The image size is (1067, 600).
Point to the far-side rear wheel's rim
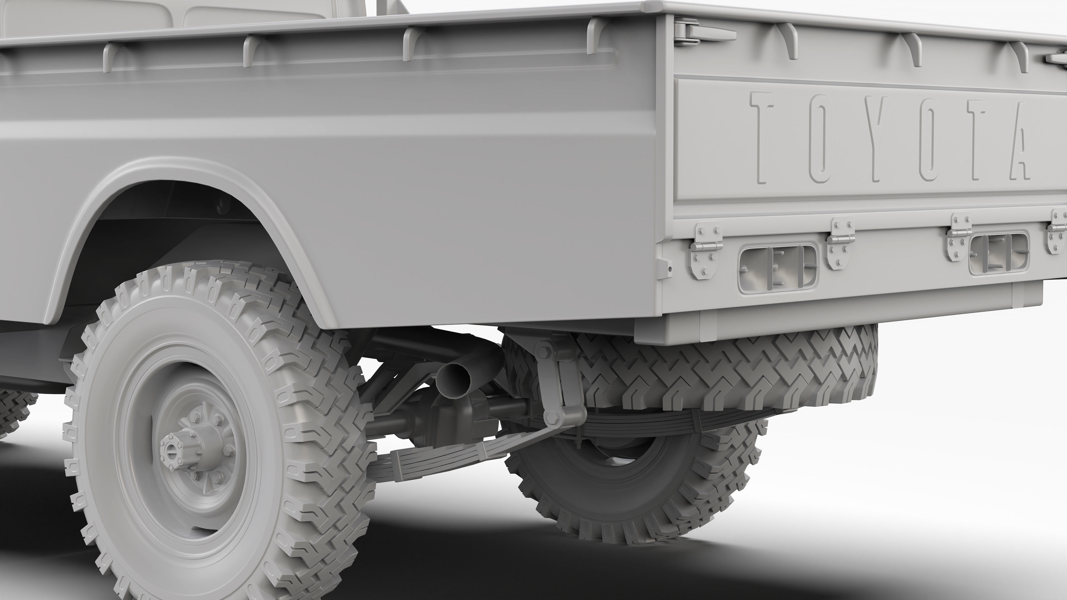click(x=621, y=476)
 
